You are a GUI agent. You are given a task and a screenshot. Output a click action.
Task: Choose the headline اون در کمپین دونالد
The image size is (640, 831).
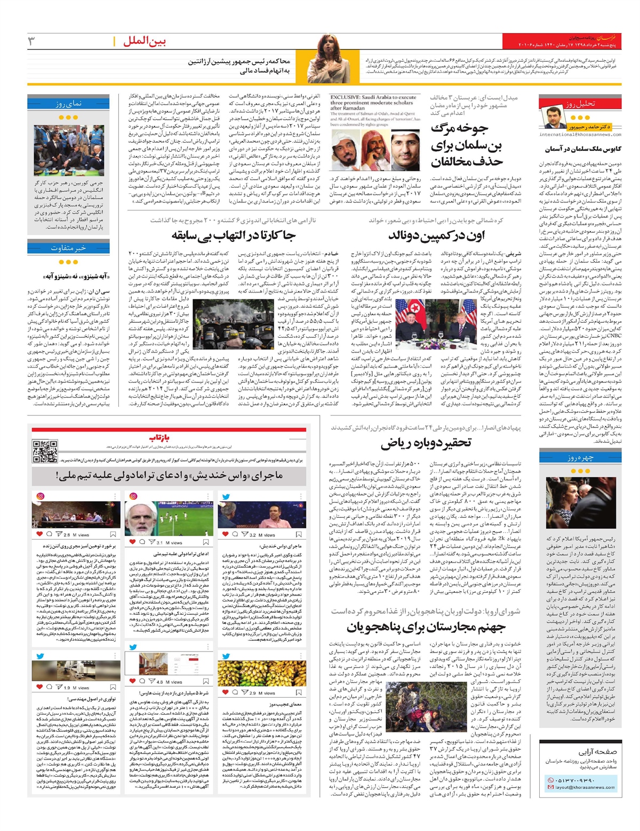point(436,235)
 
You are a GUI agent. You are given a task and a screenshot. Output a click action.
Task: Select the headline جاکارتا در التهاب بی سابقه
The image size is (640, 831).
point(233,235)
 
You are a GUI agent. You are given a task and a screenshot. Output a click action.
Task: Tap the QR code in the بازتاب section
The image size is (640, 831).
point(45,451)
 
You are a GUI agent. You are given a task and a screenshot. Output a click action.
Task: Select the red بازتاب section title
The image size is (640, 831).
point(159,438)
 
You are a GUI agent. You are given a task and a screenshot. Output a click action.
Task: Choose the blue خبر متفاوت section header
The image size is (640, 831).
point(69,248)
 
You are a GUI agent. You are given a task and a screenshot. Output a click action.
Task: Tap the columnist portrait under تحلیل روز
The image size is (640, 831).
point(566,118)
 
